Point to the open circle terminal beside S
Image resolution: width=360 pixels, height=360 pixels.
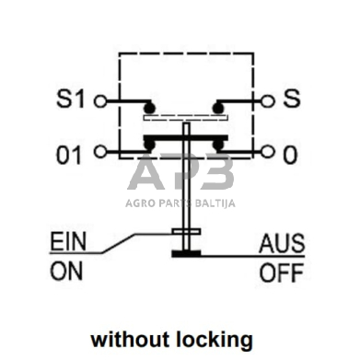265,99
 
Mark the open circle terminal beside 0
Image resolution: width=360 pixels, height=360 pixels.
265,151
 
